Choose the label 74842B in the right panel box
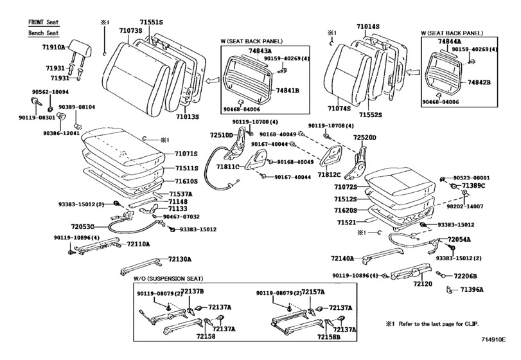(x=478, y=83)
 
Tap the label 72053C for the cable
(x=83, y=228)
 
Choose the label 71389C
(x=473, y=186)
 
